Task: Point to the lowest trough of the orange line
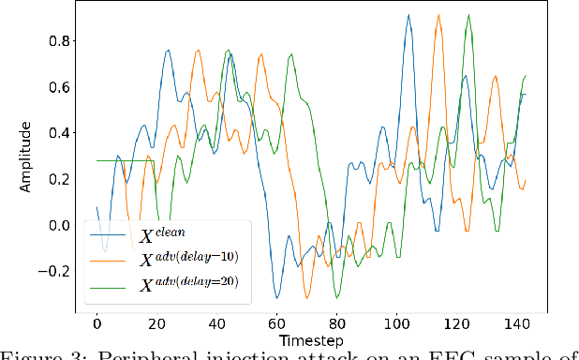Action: point(306,297)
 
